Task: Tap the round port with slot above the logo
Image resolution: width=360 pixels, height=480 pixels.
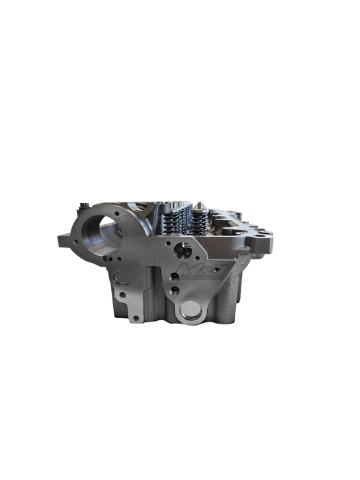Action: pyautogui.click(x=182, y=250)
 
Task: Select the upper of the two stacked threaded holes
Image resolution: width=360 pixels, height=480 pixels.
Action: pyautogui.click(x=177, y=276)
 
